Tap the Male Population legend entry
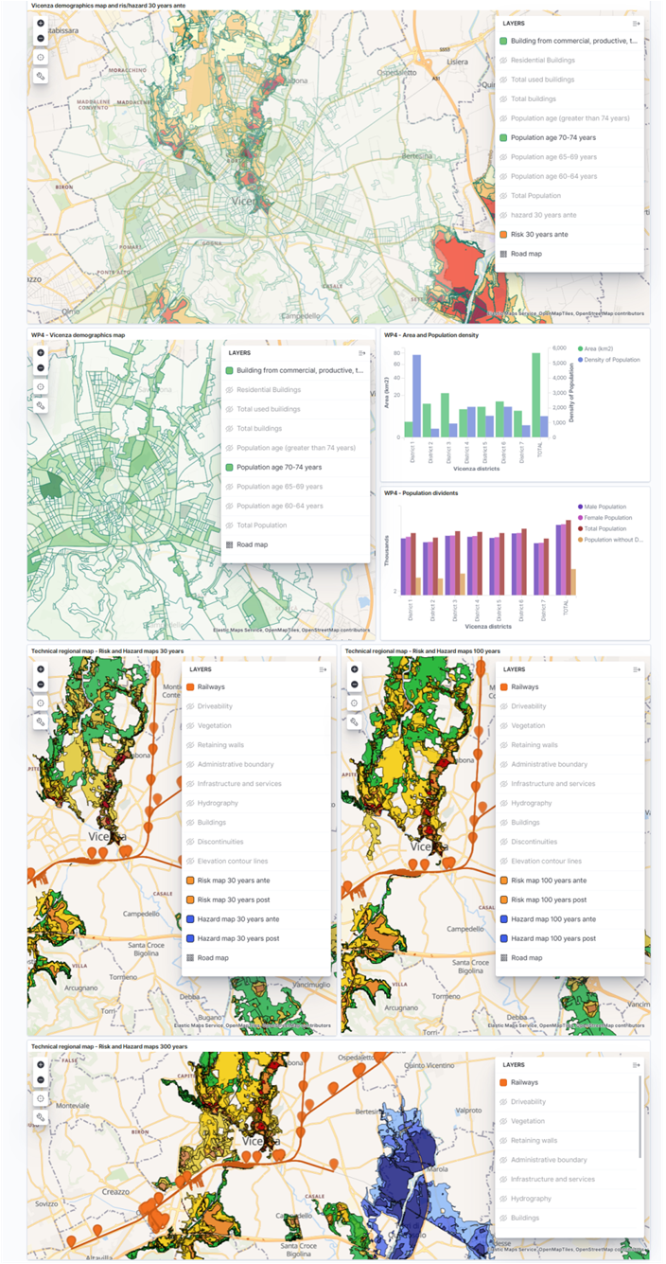click(605, 507)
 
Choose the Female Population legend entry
click(608, 518)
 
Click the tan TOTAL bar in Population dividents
click(572, 581)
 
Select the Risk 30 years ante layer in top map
click(539, 234)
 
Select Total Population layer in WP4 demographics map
click(261, 525)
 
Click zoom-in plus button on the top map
click(41, 23)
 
